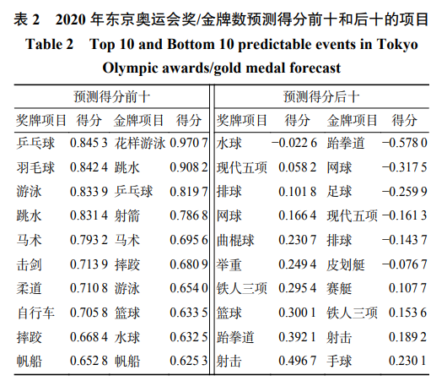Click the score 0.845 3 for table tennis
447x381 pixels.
[x=89, y=143]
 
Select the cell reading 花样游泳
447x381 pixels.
[x=140, y=143]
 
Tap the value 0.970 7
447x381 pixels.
[x=188, y=143]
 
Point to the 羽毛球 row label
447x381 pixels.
[x=35, y=167]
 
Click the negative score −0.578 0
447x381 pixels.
[x=405, y=143]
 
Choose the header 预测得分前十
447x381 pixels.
[x=111, y=97]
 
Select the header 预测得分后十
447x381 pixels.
[x=321, y=97]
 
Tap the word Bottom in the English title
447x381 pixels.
[x=191, y=44]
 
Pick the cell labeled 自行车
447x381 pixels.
[x=35, y=313]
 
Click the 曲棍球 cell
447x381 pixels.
[x=235, y=240]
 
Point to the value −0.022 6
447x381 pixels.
[x=294, y=143]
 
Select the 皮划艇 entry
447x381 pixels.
[x=346, y=264]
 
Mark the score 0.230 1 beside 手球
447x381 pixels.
[x=407, y=361]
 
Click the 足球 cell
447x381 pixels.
[x=339, y=192]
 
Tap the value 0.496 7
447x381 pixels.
[x=298, y=361]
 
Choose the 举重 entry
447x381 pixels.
[x=229, y=264]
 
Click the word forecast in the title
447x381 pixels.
[x=315, y=68]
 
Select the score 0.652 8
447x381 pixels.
[x=89, y=361]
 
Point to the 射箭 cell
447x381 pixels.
[x=127, y=215]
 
